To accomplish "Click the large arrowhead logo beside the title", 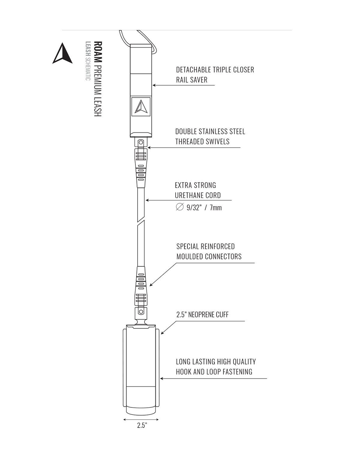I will (x=62, y=54).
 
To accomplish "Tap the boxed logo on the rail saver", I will (x=141, y=107).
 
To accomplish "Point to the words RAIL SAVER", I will (x=192, y=80).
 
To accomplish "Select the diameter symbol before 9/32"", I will (x=180, y=207).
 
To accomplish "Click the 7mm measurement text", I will (x=216, y=208).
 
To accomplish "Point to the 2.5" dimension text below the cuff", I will (x=142, y=426).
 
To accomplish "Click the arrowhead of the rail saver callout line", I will (x=154, y=85).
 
